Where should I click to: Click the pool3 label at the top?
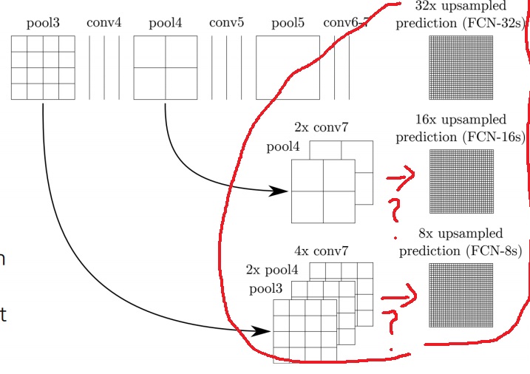click(43, 22)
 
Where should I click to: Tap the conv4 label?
click(103, 22)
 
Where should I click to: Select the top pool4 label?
click(165, 22)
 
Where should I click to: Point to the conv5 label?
click(226, 22)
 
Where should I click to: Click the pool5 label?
click(288, 22)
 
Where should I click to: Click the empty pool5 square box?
click(288, 67)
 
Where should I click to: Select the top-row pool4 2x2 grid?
click(165, 67)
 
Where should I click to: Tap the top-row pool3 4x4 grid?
click(43, 67)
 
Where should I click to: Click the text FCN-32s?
click(488, 23)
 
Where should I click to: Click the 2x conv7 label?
click(321, 127)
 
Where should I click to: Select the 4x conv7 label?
click(321, 251)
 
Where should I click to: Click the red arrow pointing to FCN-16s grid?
click(400, 178)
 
